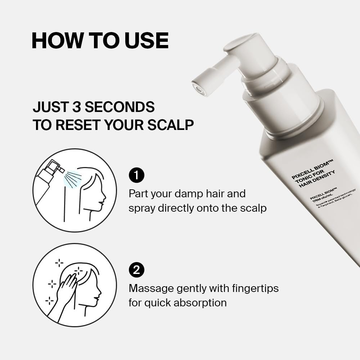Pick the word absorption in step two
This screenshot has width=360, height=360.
point(200,303)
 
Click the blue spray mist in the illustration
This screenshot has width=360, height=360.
point(73,179)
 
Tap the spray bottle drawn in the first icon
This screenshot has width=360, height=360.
point(47,176)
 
